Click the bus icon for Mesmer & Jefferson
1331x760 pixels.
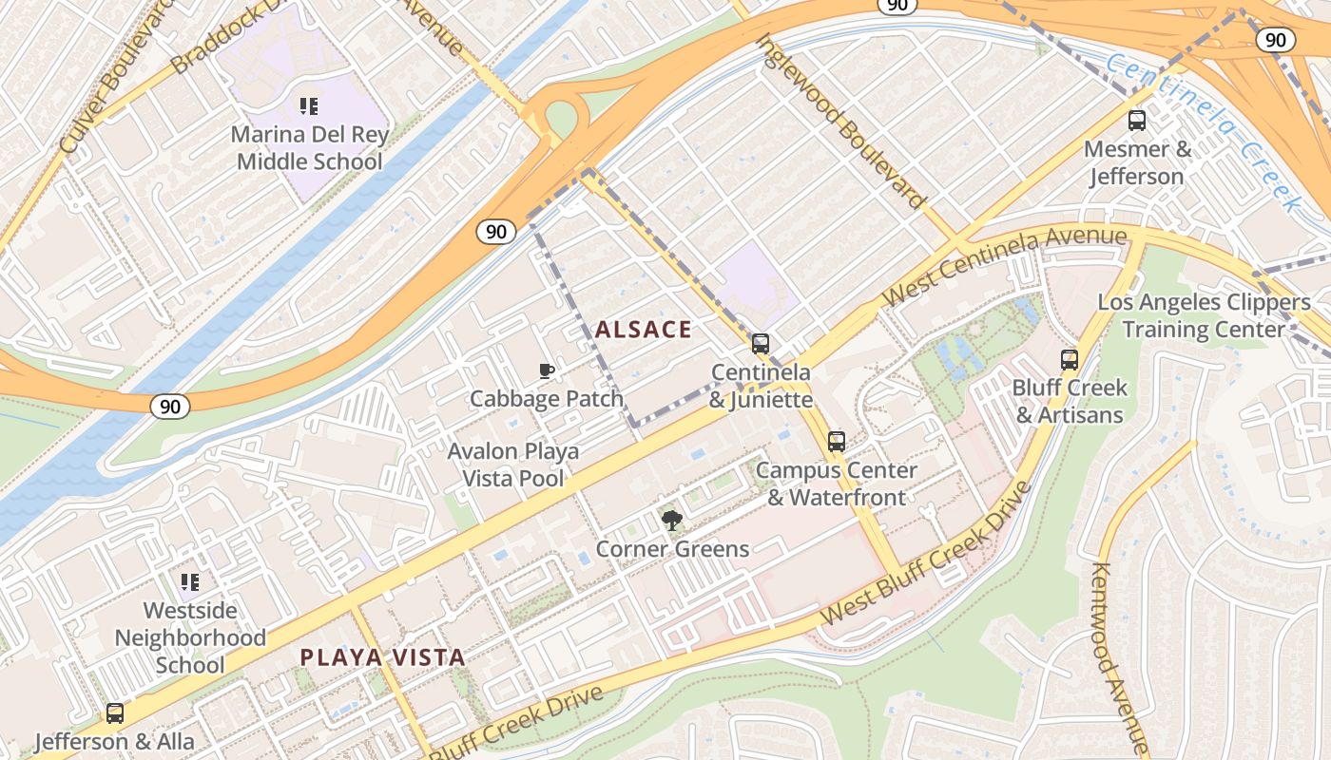(1136, 121)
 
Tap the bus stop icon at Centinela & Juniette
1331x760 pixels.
(760, 344)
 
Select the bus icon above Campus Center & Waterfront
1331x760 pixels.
(836, 442)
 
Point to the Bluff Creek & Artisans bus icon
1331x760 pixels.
(1070, 360)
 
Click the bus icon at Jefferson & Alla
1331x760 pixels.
(115, 713)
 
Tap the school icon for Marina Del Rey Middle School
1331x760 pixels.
(308, 106)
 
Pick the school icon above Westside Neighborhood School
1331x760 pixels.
(190, 581)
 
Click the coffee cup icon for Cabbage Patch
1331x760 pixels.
(547, 370)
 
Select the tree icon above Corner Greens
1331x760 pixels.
(672, 520)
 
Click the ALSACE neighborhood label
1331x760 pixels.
(644, 330)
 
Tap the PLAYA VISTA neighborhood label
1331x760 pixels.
(382, 656)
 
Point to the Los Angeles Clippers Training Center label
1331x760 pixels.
(1204, 316)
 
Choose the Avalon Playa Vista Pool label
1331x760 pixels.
(513, 465)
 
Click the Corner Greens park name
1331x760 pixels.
(672, 549)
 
